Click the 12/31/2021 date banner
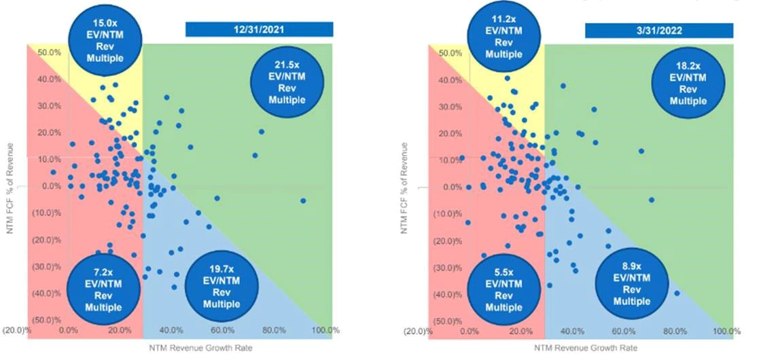[259, 29]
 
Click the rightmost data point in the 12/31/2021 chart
[303, 200]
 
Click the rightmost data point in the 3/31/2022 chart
[677, 293]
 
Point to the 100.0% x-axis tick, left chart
[325, 331]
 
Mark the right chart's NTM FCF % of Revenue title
[406, 187]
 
